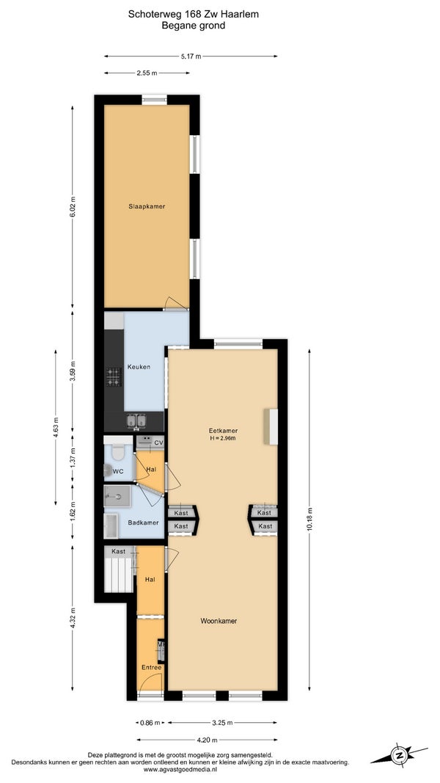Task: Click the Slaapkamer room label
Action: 147,206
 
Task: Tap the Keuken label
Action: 139,367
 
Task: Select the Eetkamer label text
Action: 223,431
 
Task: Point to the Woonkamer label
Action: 219,622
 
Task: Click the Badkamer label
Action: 143,522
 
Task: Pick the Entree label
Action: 151,667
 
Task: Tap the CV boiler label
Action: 158,443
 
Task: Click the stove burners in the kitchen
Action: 113,376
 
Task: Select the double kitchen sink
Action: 136,421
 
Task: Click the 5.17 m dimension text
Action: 191,57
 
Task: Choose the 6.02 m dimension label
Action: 73,206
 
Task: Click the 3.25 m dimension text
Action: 222,723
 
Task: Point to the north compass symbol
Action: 399,755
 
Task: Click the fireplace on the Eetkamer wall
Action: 271,426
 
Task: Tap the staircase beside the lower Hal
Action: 118,574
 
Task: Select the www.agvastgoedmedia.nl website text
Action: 180,770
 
